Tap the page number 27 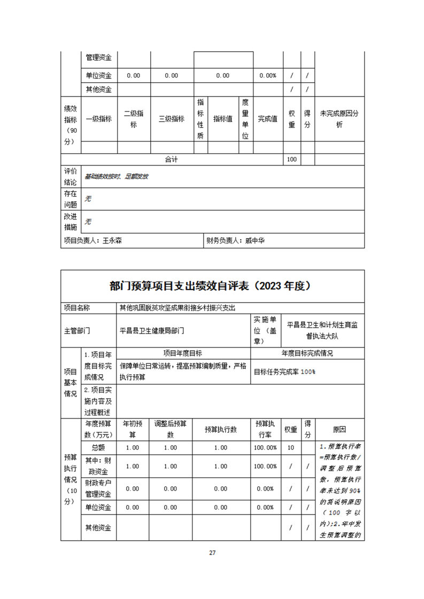pos(212,553)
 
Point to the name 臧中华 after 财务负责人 pos(255,241)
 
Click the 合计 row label pos(171,160)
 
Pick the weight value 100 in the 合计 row pos(292,160)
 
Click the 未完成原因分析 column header pos(339,119)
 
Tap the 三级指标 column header pos(172,119)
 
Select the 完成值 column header pos(267,119)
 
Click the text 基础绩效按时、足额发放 pos(117,176)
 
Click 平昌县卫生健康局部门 pos(152,330)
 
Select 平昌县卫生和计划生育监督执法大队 pos(323,330)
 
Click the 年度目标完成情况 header pos(307,353)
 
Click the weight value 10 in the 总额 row pos(290,447)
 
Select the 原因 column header pos(339,429)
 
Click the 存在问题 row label pos(71,199)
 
